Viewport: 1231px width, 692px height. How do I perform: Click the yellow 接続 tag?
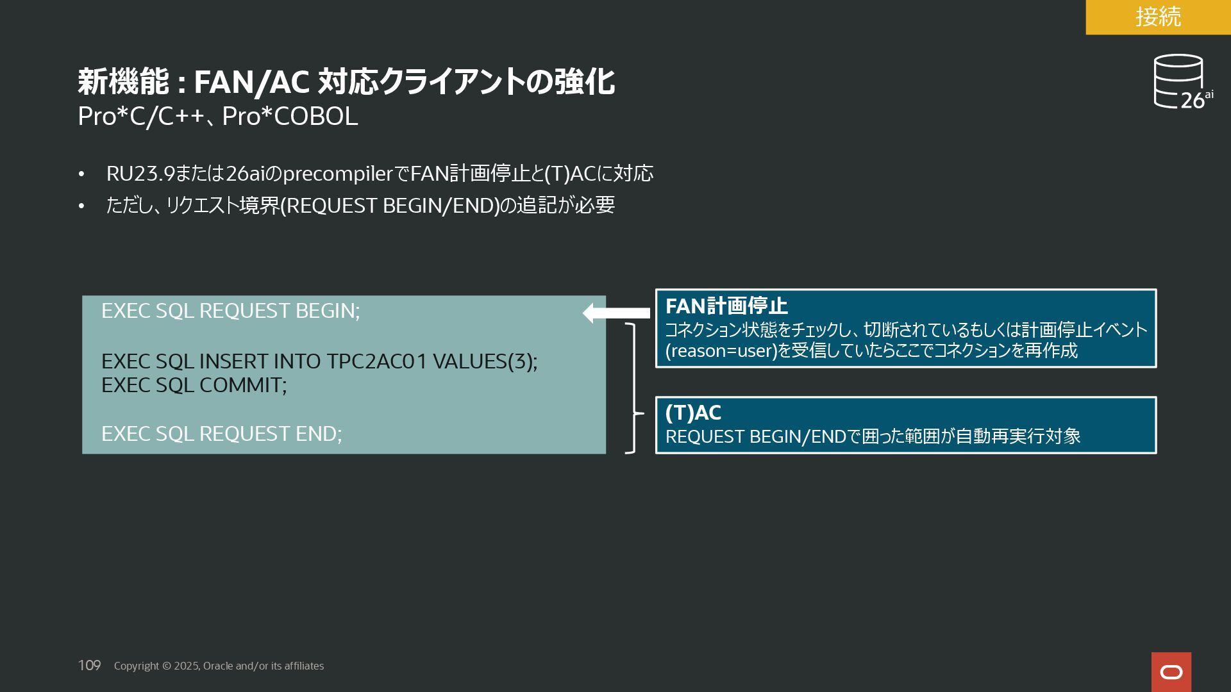tap(1158, 17)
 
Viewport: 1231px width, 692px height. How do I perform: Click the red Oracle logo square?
tap(1171, 671)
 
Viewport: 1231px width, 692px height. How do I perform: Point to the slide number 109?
tap(89, 666)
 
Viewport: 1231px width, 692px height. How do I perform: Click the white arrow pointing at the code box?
tap(616, 313)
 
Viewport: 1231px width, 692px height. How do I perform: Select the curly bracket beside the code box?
tap(633, 388)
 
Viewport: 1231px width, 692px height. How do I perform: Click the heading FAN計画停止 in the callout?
tap(726, 306)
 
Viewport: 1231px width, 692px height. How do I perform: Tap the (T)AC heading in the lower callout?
tap(693, 413)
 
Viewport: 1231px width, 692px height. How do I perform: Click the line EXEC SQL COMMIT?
tap(194, 385)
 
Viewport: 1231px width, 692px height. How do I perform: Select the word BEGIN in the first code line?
tap(327, 311)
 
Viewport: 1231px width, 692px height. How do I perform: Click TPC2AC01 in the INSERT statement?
tap(376, 361)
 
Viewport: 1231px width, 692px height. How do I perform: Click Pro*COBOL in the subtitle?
tap(290, 117)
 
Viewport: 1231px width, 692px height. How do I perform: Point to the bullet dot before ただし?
tap(81, 206)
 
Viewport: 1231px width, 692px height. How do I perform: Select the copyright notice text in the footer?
tap(219, 666)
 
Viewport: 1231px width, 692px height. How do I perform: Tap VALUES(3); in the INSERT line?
tap(485, 361)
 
